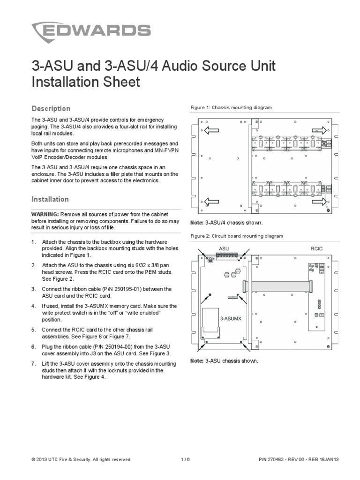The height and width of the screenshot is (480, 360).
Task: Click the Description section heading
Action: coord(51,109)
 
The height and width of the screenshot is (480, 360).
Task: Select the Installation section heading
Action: coord(50,199)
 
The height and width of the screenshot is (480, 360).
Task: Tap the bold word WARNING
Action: coord(45,214)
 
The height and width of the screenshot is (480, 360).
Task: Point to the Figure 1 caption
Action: coord(231,108)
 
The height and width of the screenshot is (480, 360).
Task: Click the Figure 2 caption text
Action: coord(236,236)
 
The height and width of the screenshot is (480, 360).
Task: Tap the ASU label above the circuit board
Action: coord(223,247)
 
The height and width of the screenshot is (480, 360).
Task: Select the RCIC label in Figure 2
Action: coord(317,247)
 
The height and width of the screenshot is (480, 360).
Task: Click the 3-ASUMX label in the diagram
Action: coord(231,318)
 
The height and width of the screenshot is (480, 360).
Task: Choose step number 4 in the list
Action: coord(33,306)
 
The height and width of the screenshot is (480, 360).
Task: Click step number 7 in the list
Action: coord(33,364)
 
